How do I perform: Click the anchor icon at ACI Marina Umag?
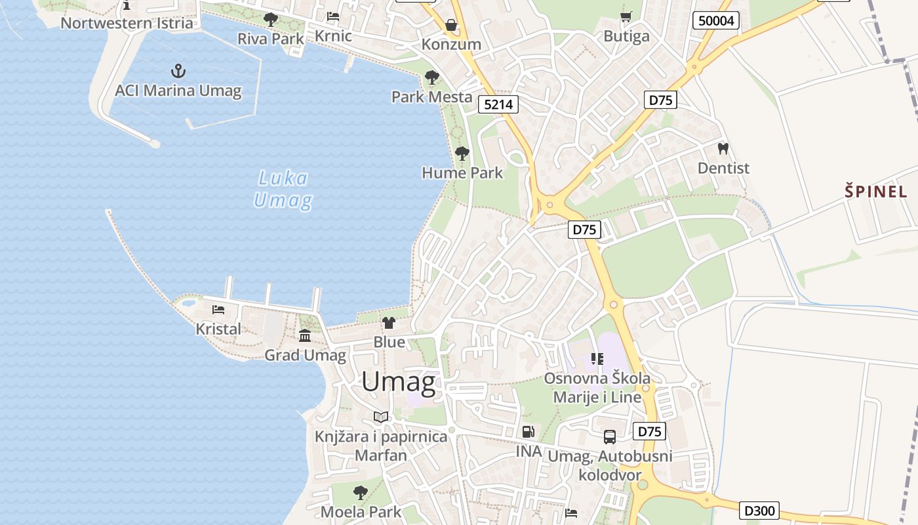(178, 70)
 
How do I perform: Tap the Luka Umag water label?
(283, 189)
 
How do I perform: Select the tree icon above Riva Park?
(270, 20)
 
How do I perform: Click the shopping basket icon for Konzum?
(451, 25)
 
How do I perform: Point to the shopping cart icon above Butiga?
(626, 17)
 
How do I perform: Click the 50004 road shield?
(716, 20)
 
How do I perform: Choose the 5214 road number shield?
(499, 104)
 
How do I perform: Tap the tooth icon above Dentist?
(723, 149)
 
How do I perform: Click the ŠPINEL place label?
(875, 192)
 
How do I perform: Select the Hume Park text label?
(462, 173)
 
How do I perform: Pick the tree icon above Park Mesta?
(431, 77)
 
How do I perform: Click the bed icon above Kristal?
(218, 310)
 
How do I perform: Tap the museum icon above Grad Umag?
(305, 336)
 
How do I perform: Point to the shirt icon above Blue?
(389, 322)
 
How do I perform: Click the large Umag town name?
(398, 382)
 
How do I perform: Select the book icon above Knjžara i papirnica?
(380, 417)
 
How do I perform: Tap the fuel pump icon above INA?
(528, 432)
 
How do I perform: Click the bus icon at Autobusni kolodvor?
(609, 436)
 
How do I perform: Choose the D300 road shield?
(760, 510)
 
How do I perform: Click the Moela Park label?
(361, 512)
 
